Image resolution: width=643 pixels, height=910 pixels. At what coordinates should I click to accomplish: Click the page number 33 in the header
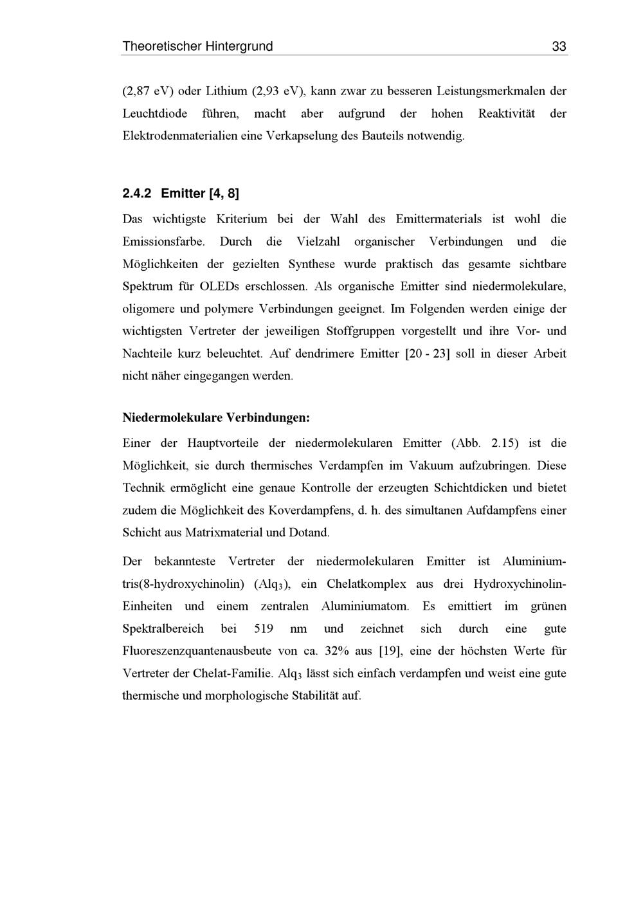tap(559, 46)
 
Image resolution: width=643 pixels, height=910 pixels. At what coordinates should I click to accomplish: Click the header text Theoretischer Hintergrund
tap(197, 46)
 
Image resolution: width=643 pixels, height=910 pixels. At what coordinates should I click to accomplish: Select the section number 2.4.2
tap(136, 193)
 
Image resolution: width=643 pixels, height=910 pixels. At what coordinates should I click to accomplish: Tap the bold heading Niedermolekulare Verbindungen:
tap(216, 418)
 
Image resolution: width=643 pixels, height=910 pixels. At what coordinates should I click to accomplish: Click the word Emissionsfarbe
tap(163, 242)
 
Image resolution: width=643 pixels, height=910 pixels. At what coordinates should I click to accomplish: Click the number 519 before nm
tap(264, 629)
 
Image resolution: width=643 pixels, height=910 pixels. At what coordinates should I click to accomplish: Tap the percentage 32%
tap(337, 651)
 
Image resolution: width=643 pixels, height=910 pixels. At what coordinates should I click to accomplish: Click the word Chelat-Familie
tap(233, 673)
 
